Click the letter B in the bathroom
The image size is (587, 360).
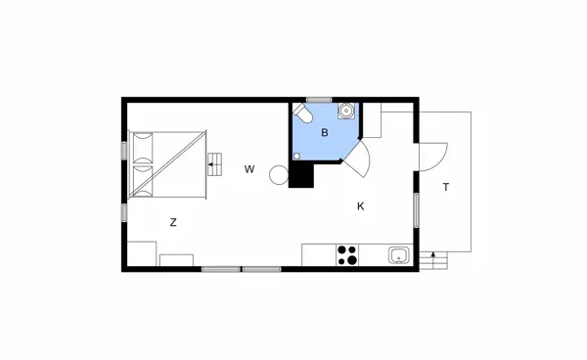[325, 132]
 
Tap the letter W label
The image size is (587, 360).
[249, 169]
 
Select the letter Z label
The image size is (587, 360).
[173, 222]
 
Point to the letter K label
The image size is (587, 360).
[360, 205]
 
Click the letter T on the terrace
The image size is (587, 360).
[445, 187]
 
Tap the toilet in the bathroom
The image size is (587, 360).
[305, 116]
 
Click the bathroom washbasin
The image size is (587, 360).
[345, 112]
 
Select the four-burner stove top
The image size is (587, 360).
[347, 254]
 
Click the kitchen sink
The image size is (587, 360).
[397, 256]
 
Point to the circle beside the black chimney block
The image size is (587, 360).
[279, 176]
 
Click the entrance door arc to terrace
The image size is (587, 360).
[433, 156]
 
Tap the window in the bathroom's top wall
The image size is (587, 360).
[319, 100]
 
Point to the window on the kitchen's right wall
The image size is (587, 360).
[417, 209]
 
